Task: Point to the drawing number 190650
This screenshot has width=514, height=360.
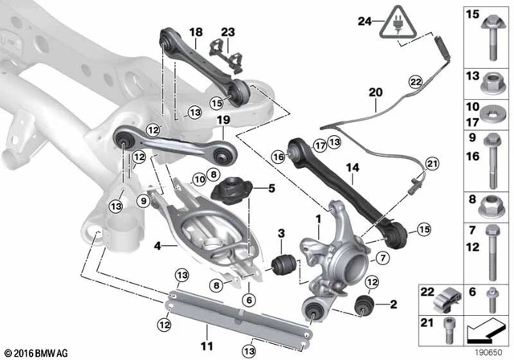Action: pyautogui.click(x=485, y=351)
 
